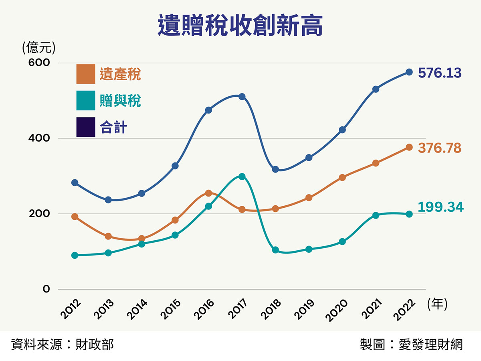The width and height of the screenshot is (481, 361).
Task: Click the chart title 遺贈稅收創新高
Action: tap(240, 26)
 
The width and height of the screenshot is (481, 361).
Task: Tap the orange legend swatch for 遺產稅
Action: tap(86, 74)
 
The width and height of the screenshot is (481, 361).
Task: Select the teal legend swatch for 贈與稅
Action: tap(86, 101)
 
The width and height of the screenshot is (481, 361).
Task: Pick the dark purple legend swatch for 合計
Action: tap(86, 127)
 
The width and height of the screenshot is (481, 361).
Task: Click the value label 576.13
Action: tap(439, 73)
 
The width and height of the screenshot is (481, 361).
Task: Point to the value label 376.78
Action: tap(439, 148)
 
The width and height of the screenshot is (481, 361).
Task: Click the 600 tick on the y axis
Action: tap(38, 63)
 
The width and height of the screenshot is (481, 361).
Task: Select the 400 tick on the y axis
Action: tap(38, 138)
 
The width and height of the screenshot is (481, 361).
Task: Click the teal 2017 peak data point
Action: tap(242, 176)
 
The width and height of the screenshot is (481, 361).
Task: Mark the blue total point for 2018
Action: tap(275, 169)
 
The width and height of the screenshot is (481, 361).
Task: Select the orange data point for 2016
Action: tap(208, 193)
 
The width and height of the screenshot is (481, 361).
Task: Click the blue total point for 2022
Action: tap(409, 72)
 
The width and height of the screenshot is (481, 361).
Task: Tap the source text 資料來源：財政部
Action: tap(63, 344)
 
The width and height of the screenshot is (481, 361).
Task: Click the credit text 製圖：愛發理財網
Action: tap(411, 344)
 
